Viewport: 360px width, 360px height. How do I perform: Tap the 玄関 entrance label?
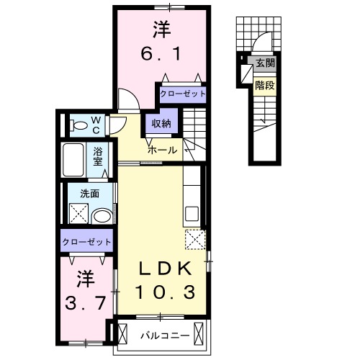point(264,63)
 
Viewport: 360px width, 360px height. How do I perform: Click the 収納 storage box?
point(161,124)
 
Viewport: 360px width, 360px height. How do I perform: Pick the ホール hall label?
point(162,150)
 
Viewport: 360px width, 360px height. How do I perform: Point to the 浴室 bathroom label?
point(99,156)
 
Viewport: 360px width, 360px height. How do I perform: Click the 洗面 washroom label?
point(89,193)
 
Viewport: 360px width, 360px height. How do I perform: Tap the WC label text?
point(96,125)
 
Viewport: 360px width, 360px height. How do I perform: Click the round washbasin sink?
point(102,215)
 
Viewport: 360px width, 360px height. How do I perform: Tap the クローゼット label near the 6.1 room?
point(181,94)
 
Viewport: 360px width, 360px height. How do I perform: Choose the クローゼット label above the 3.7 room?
point(86,241)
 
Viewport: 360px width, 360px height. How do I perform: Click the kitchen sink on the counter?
point(192,214)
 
